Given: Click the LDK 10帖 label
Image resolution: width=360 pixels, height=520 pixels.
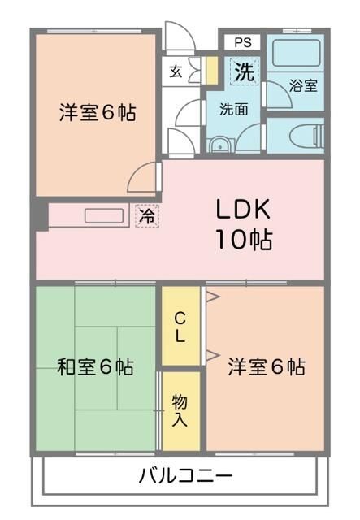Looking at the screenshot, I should click(243, 223).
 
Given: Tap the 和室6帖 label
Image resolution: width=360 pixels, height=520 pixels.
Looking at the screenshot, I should click(95, 367).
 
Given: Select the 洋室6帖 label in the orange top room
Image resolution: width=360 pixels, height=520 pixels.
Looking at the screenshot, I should click(97, 113).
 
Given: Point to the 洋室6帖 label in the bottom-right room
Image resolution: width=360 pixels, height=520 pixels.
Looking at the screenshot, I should click(266, 366).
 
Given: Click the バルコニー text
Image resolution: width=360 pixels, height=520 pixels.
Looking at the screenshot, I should click(186, 475).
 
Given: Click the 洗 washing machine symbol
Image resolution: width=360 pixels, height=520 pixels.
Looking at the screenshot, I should click(244, 71).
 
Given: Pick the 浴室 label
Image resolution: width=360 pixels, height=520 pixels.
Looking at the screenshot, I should click(303, 85).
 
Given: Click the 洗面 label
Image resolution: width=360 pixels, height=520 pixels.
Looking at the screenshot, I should click(233, 109).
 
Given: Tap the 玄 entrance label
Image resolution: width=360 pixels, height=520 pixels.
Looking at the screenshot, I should click(176, 70).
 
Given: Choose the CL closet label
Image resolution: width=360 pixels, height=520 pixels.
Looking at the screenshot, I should click(180, 324).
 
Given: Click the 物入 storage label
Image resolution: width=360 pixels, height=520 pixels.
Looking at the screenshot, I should click(180, 410).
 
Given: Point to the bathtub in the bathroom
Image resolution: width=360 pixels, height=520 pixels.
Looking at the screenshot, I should click(296, 54).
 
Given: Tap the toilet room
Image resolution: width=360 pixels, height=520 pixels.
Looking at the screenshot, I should click(296, 135).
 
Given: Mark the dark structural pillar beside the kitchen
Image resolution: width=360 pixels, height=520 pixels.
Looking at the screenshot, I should click(40, 215).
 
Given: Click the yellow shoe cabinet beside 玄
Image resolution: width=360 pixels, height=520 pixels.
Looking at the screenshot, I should click(210, 70).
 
